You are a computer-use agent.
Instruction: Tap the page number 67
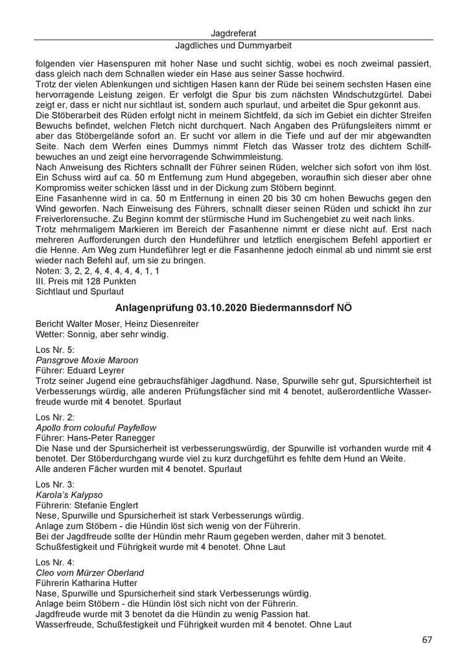pos(427,640)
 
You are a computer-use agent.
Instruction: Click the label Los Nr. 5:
pos(54,350)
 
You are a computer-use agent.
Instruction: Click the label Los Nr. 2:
pos(54,418)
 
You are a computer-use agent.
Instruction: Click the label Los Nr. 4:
pos(54,563)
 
